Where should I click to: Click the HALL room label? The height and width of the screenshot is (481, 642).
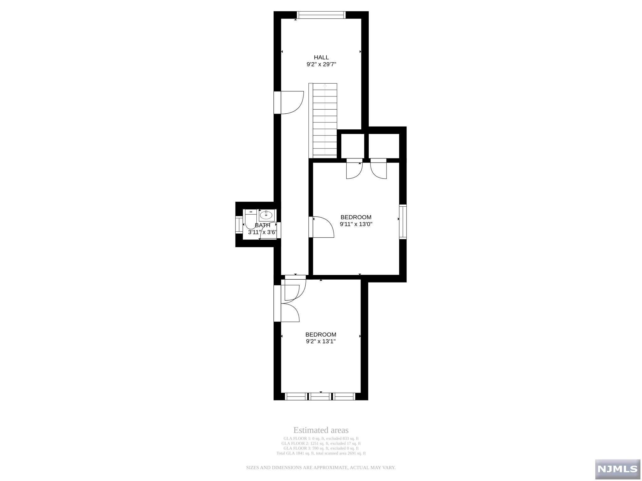tap(321, 57)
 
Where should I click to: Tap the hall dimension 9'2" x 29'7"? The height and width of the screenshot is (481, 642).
tap(321, 65)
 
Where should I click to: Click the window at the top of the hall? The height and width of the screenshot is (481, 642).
tap(321, 15)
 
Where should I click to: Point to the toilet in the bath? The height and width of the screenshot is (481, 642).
tap(250, 220)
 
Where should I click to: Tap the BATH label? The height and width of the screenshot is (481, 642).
tap(262, 225)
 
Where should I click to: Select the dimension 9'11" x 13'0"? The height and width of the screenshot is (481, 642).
tap(356, 224)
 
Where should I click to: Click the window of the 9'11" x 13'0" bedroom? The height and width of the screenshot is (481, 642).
tap(403, 222)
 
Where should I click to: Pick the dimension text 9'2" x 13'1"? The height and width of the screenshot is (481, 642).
tap(321, 342)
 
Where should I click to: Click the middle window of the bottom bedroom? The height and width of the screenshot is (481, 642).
tap(320, 396)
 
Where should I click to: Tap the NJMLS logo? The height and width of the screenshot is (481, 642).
tap(618, 468)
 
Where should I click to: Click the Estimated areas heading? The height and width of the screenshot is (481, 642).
tap(321, 430)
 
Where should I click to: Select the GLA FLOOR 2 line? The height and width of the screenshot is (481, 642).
tap(321, 443)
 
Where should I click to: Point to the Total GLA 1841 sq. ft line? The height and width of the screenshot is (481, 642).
tap(321, 453)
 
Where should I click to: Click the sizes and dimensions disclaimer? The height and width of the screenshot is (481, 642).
tap(321, 468)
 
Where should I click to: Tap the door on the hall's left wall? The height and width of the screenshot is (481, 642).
tap(289, 102)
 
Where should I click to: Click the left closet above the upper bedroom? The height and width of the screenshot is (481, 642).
tap(353, 146)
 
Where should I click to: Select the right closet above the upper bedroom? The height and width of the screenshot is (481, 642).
tap(384, 146)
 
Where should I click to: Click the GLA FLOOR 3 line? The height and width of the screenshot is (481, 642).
tap(321, 448)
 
